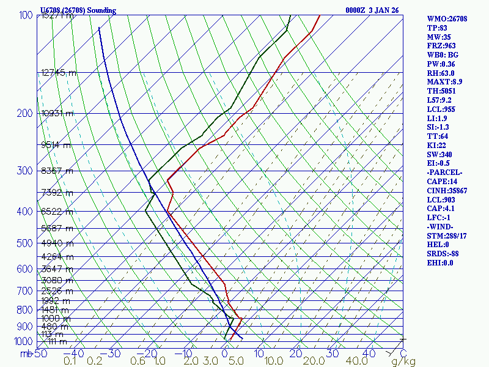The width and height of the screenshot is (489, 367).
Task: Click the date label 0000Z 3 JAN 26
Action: point(373,10)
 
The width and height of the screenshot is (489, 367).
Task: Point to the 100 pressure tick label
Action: point(26,15)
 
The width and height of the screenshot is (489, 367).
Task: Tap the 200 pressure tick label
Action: point(26,114)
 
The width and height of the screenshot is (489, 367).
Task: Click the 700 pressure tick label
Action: point(26,291)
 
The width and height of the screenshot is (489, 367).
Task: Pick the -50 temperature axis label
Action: point(40,354)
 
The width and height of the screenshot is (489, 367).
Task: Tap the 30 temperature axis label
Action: point(333,354)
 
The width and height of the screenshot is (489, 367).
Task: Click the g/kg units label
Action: point(403,362)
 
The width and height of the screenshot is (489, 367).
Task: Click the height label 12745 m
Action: point(59,73)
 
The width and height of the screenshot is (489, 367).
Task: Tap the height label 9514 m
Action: point(56,146)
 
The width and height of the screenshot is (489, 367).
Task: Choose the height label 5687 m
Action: point(56,228)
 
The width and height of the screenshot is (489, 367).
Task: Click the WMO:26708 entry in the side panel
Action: point(447,19)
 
